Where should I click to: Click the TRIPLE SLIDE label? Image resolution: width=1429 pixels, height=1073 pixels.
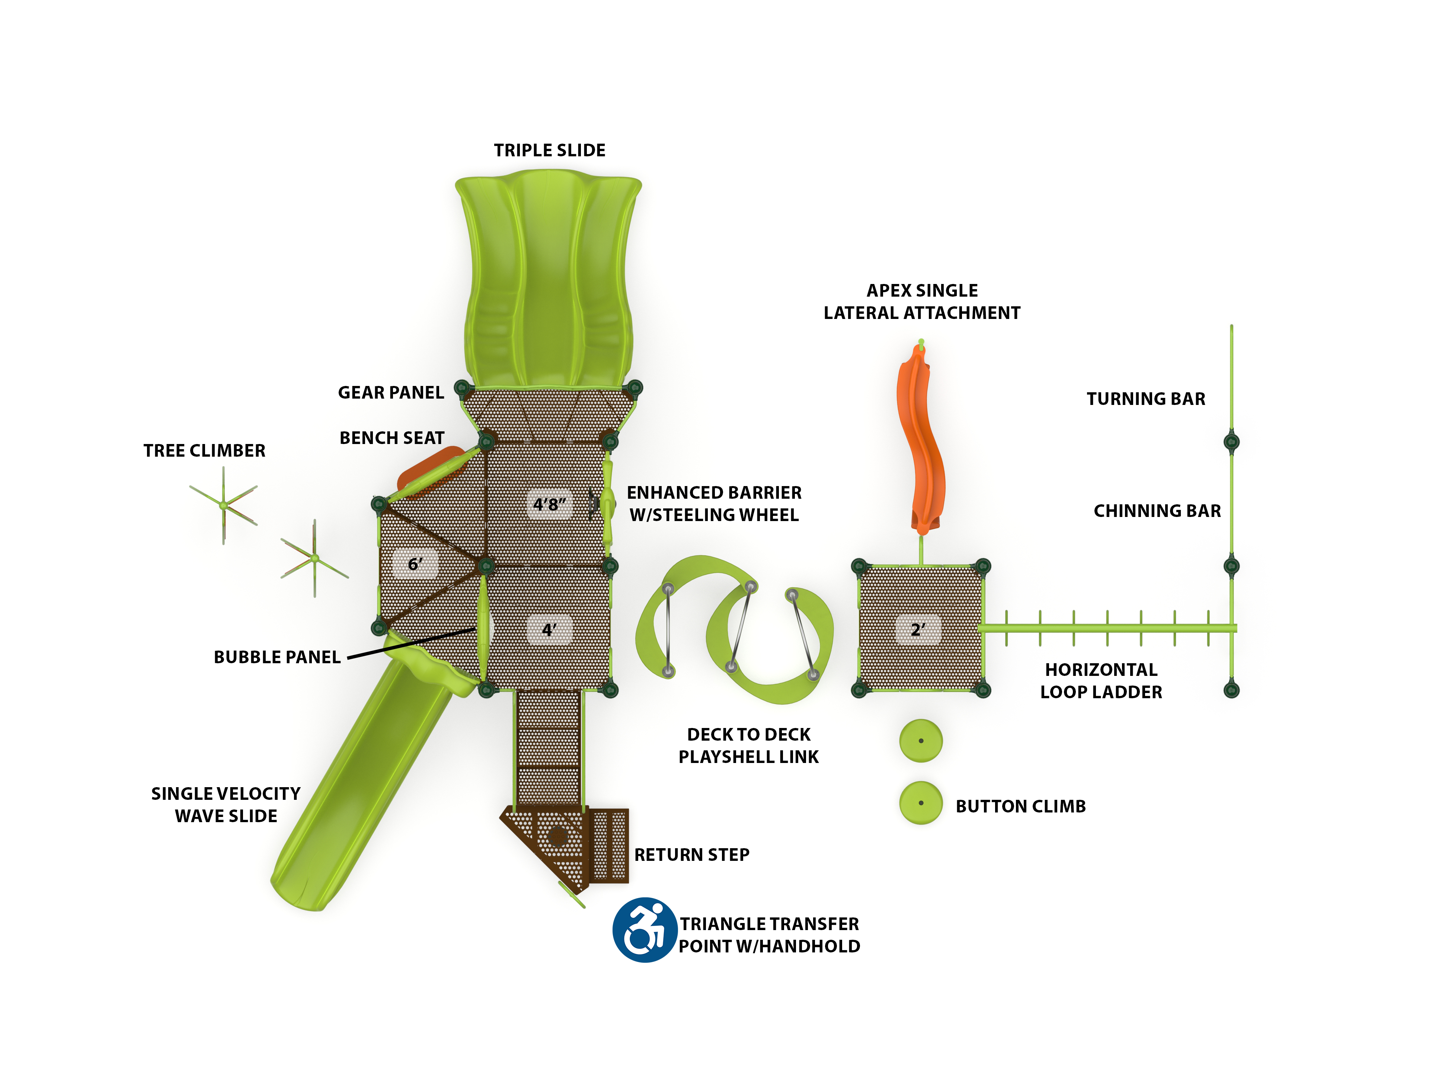point(549,150)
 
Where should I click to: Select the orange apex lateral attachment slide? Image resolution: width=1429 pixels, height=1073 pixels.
point(921,439)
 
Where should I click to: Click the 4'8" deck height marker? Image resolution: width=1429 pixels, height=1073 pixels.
point(549,504)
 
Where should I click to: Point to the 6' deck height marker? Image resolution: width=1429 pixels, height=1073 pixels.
point(415,564)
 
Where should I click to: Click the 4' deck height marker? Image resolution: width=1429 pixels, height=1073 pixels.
point(549,629)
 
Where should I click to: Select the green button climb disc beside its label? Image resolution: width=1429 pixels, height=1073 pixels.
point(921,803)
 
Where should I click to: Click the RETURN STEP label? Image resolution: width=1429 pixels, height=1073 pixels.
point(691,855)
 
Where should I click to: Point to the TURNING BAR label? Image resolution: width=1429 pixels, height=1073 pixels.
point(1145,399)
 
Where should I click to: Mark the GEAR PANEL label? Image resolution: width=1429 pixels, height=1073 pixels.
point(391,393)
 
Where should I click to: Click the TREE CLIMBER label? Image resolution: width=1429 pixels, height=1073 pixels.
point(204,450)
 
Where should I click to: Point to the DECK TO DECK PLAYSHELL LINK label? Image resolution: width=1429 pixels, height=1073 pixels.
point(748,745)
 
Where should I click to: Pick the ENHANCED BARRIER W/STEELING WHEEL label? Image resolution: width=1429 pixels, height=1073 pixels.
point(714,504)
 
